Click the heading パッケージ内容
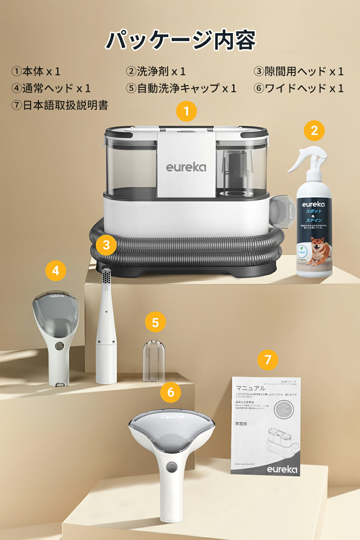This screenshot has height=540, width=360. (180, 40)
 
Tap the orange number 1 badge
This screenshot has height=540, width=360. (186, 111)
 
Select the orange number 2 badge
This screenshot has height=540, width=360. (314, 131)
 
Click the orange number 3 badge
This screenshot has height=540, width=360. (106, 245)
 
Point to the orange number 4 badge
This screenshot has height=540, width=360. (55, 271)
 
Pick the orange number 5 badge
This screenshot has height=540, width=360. (155, 323)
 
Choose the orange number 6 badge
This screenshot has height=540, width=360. (171, 392)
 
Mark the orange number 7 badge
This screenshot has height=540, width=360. (267, 360)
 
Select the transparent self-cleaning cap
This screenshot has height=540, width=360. (154, 361)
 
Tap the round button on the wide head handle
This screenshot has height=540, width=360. (171, 468)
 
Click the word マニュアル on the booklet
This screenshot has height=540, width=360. (250, 388)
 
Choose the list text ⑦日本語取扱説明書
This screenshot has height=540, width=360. (60, 105)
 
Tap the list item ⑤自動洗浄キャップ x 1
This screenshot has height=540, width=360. (181, 88)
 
